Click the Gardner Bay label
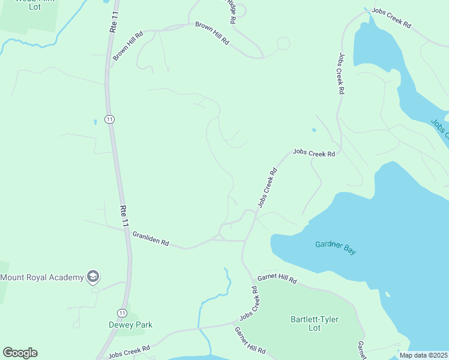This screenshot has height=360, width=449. pos(336,248)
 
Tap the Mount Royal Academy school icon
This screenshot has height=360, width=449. pos(93,277)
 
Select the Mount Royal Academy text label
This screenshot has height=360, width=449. pos(41,277)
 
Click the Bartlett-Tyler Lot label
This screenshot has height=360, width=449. pos(314,323)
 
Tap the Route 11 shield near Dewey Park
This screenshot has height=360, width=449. pos(122,313)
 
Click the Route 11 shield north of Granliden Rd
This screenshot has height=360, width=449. pos(109,119)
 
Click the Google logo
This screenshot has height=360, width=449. pos(20,353)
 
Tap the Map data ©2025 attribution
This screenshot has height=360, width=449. pos(423,355)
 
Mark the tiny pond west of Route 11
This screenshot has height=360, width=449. pos(95,122)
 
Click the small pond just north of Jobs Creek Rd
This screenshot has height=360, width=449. pos(313,130)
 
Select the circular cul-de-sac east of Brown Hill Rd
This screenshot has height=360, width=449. pos(283,43)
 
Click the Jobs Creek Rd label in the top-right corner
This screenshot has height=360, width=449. pos(391,19)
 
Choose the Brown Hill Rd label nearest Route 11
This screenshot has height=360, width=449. pos(128,46)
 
